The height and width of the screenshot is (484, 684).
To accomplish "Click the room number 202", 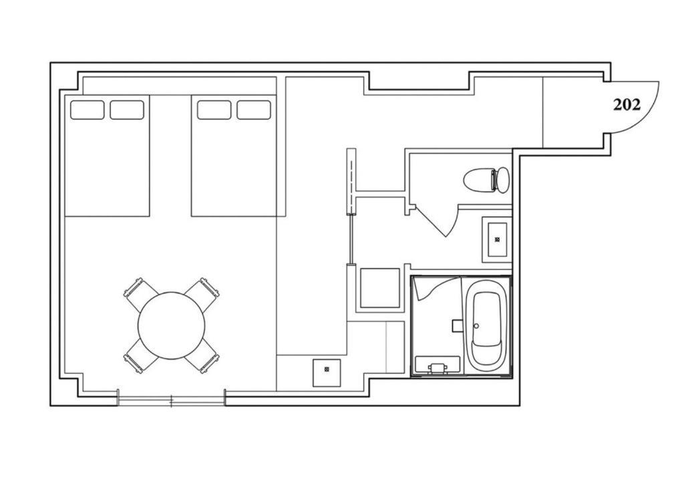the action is pyautogui.click(x=627, y=105).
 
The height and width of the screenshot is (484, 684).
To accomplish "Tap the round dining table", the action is pyautogui.click(x=172, y=326).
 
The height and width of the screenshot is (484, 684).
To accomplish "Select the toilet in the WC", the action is pyautogui.click(x=486, y=179).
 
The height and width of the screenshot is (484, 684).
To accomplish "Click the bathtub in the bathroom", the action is pyautogui.click(x=486, y=325).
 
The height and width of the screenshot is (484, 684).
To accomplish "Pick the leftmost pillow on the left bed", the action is pyautogui.click(x=88, y=110).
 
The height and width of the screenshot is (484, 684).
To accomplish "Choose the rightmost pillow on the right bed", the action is pyautogui.click(x=254, y=110).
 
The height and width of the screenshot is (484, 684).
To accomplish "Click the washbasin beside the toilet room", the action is pyautogui.click(x=497, y=239).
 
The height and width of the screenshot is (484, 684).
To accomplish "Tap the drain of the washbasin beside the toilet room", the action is pyautogui.click(x=497, y=239).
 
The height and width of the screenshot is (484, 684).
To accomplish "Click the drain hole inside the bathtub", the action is pyautogui.click(x=476, y=326).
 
